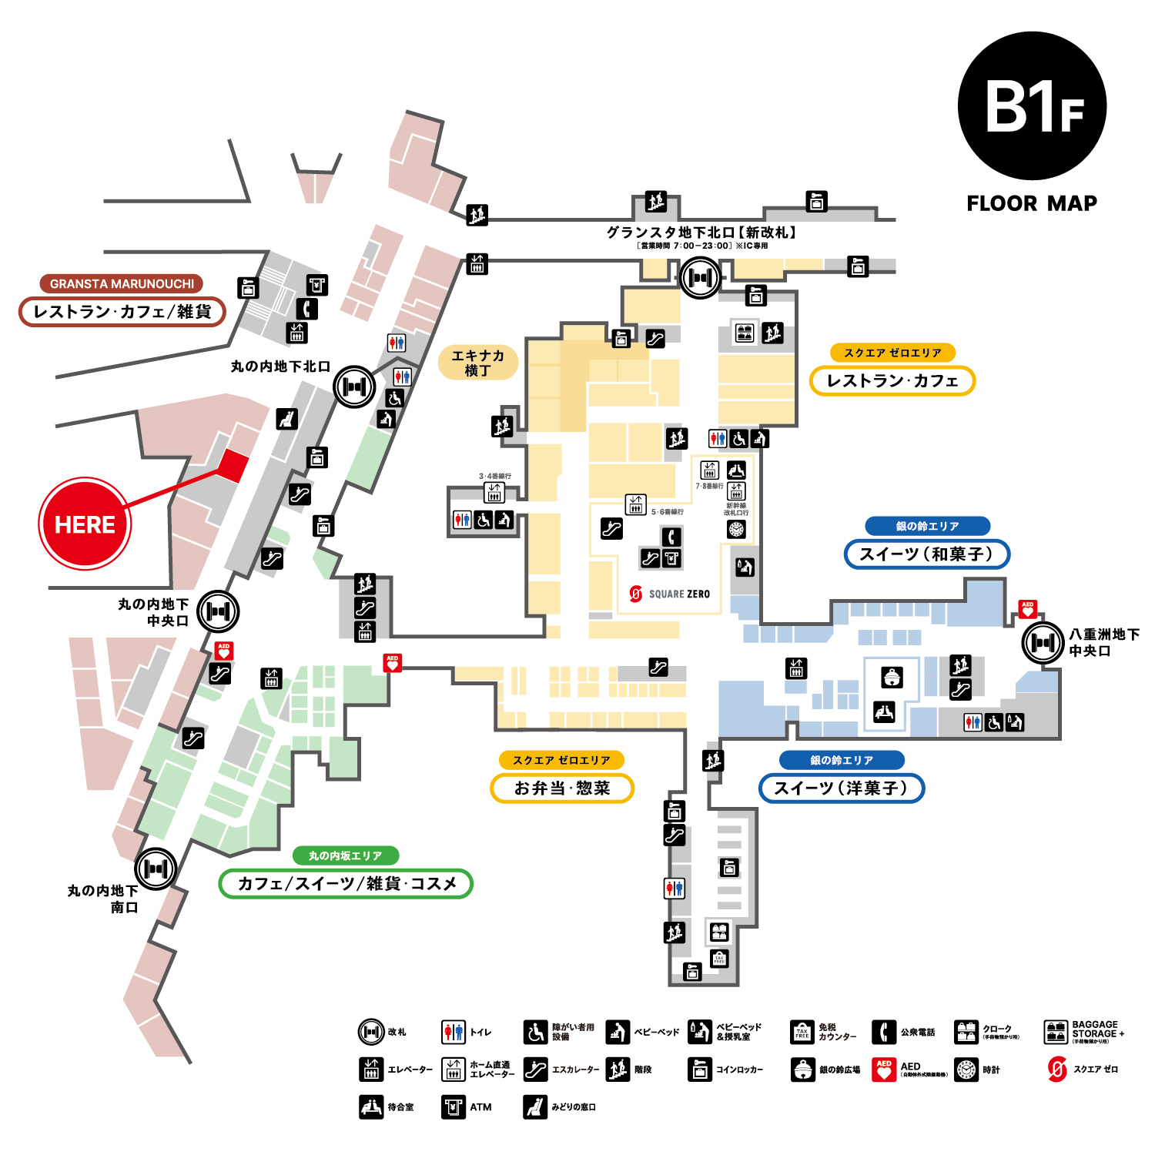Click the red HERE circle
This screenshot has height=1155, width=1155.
pyautogui.click(x=85, y=524)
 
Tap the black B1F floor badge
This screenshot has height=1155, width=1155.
pyautogui.click(x=1032, y=106)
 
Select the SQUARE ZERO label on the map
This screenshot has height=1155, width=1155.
pyautogui.click(x=670, y=594)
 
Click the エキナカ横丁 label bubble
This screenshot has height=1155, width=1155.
pyautogui.click(x=477, y=363)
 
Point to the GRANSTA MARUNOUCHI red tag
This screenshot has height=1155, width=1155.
pyautogui.click(x=122, y=283)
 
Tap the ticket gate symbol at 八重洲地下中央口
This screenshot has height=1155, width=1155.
pyautogui.click(x=1043, y=642)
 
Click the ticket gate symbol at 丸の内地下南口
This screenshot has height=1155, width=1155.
pyautogui.click(x=156, y=869)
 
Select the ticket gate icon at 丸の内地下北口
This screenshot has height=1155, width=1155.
pyautogui.click(x=353, y=387)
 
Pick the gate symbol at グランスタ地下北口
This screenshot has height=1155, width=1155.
pyautogui.click(x=700, y=277)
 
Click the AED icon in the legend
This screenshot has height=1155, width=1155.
pyautogui.click(x=884, y=1070)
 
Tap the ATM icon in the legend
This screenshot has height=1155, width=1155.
pyautogui.click(x=454, y=1106)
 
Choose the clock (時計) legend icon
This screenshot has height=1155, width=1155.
pyautogui.click(x=966, y=1070)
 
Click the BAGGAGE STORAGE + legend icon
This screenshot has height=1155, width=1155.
pyautogui.click(x=1056, y=1031)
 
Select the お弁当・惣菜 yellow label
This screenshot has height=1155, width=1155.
pyautogui.click(x=562, y=788)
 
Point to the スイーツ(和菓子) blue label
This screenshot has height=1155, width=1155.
pyautogui.click(x=926, y=554)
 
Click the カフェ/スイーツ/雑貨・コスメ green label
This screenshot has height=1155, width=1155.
pyautogui.click(x=346, y=883)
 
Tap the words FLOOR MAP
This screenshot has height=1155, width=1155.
pyautogui.click(x=1032, y=203)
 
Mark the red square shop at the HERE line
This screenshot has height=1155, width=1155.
pyautogui.click(x=233, y=465)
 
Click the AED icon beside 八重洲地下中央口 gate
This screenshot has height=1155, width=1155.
pyautogui.click(x=1027, y=609)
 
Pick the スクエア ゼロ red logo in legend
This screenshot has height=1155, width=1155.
pyautogui.click(x=1057, y=1070)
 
